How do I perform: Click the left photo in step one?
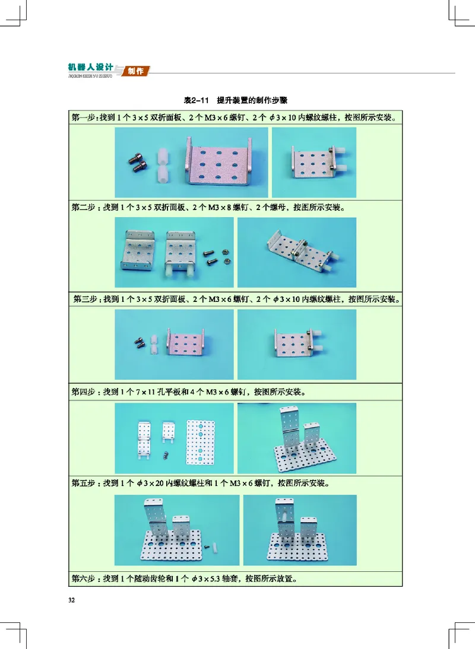[x=191, y=163]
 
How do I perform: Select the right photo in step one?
[x=313, y=163]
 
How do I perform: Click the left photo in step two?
[x=173, y=252]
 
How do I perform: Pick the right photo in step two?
[x=297, y=252]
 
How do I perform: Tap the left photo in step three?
[x=173, y=345]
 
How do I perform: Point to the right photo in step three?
[x=297, y=345]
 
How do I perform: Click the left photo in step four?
[x=173, y=438]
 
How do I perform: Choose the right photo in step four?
[x=297, y=438]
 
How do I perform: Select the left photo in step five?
[x=177, y=530]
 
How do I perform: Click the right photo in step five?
[x=300, y=530]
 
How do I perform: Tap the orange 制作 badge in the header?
[x=136, y=71]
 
